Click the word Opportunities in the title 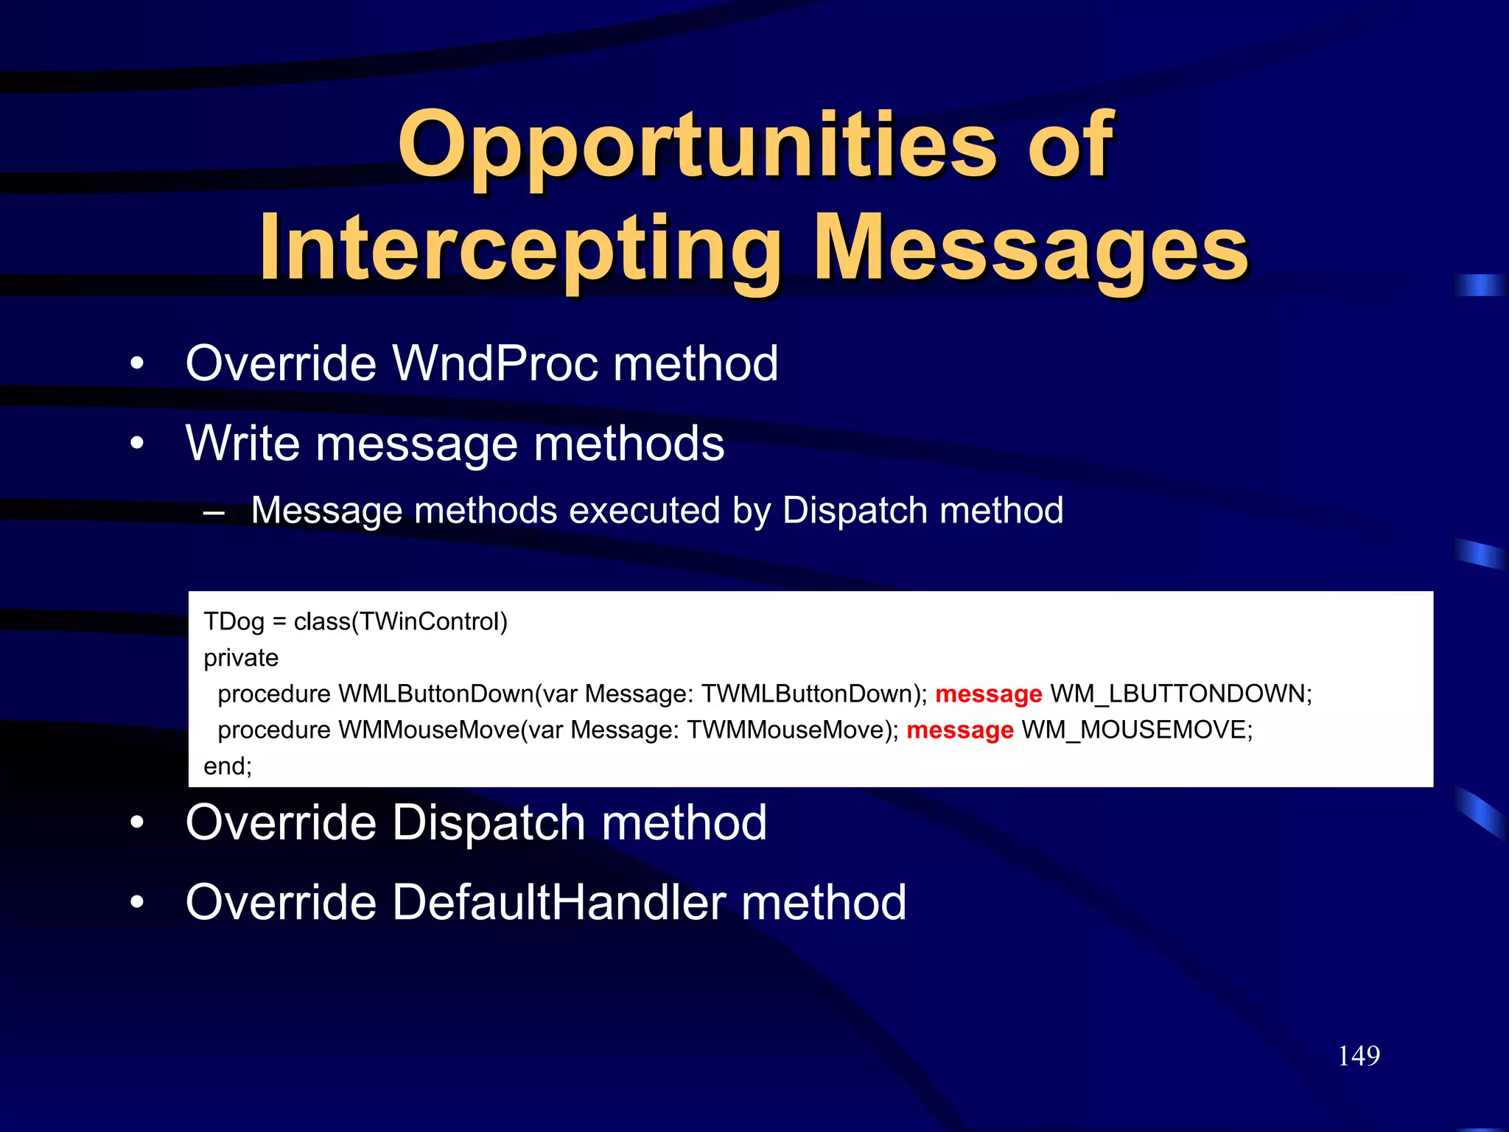click(x=696, y=145)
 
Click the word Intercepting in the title click(x=520, y=248)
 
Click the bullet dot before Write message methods click(x=137, y=444)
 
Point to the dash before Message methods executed click(x=214, y=511)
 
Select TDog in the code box click(x=234, y=621)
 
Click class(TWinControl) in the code click(x=401, y=621)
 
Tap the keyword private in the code click(x=241, y=657)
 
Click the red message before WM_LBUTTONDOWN click(x=988, y=693)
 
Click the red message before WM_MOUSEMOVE click(x=959, y=730)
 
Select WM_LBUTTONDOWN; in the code click(x=1181, y=693)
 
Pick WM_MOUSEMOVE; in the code click(x=1137, y=730)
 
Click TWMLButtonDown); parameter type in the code click(x=813, y=693)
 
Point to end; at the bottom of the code click(x=228, y=766)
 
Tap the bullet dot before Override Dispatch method click(x=137, y=823)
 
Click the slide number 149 click(x=1358, y=1055)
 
